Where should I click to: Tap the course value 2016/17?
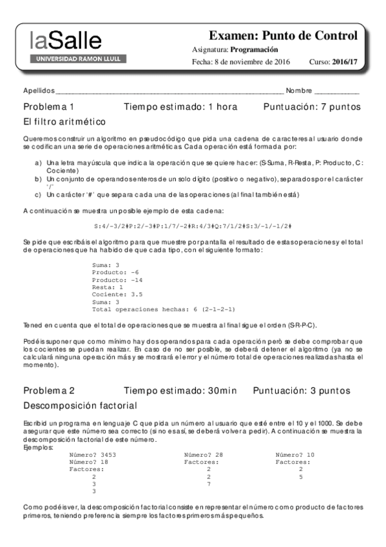[345, 62]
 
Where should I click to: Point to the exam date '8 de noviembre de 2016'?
[252, 62]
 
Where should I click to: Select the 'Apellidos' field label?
[39, 90]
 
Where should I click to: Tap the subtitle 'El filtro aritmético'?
[64, 121]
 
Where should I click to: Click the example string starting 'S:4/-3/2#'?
[193, 226]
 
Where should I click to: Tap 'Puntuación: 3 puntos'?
[302, 390]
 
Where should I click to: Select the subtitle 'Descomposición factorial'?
[80, 406]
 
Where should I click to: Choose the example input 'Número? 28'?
[204, 455]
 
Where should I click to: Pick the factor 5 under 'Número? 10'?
[301, 477]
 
